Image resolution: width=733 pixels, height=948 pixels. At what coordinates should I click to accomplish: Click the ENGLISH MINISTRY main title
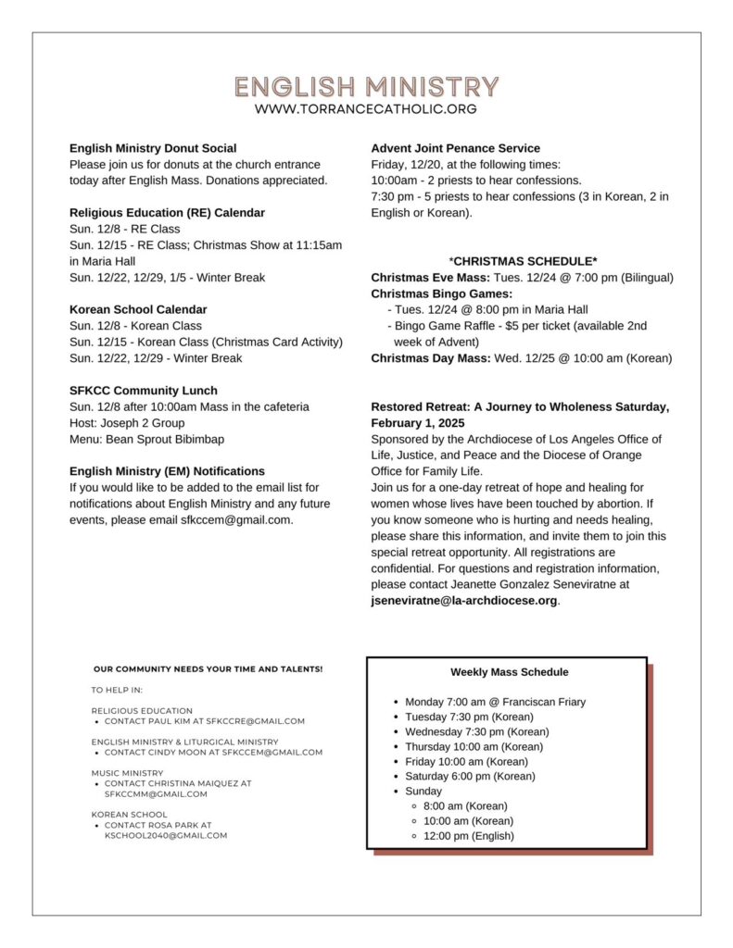[366, 87]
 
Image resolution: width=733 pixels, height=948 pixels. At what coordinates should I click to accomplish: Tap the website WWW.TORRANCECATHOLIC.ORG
[366, 109]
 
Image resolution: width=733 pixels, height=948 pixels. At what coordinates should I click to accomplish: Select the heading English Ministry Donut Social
[153, 148]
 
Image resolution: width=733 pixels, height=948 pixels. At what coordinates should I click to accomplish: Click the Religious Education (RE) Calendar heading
[167, 213]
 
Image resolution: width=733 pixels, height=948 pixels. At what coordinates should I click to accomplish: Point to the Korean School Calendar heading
[138, 309]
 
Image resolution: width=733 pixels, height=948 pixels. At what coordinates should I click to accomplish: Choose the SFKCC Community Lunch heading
[143, 391]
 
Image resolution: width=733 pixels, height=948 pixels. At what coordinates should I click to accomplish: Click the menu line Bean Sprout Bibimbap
[146, 439]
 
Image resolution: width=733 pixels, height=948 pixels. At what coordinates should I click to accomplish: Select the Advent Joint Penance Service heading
[455, 148]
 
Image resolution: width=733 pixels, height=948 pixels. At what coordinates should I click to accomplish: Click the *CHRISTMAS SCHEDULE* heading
[523, 261]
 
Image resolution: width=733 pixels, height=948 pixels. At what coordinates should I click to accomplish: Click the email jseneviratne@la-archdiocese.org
[464, 601]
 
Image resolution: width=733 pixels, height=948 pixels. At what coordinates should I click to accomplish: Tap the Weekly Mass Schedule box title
[510, 672]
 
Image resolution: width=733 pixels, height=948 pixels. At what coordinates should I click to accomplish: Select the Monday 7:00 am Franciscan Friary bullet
[495, 702]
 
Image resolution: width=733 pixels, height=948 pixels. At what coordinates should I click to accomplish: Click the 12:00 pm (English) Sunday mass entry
[468, 836]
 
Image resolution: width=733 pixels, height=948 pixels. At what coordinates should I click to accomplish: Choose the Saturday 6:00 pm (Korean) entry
[470, 776]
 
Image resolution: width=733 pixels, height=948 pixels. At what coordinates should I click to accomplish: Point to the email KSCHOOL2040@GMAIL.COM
[166, 835]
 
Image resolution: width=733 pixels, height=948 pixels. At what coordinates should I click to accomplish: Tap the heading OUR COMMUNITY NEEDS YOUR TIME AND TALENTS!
[208, 668]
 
